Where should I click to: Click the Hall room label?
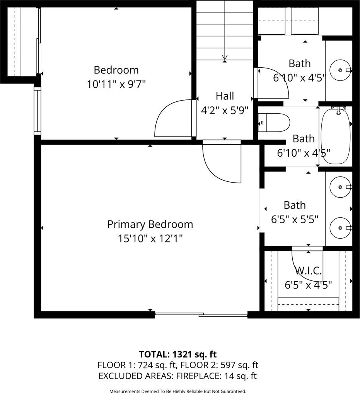pyautogui.click(x=225, y=96)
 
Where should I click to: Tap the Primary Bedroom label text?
pyautogui.click(x=150, y=224)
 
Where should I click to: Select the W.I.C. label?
pyautogui.click(x=308, y=271)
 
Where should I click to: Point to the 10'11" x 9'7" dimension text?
pyautogui.click(x=116, y=84)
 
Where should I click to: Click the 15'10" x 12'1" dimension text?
pyautogui.click(x=150, y=238)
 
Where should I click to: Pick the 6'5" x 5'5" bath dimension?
pyautogui.click(x=295, y=220)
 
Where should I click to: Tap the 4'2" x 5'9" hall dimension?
pyautogui.click(x=225, y=110)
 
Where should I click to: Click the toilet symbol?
pyautogui.click(x=274, y=123)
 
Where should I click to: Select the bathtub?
pyautogui.click(x=336, y=136)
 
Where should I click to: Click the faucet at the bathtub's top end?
pyautogui.click(x=338, y=110)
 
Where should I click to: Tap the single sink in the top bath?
pyautogui.click(x=340, y=70)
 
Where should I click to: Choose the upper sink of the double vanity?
pyautogui.click(x=340, y=187)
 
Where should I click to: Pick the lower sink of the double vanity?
pyautogui.click(x=340, y=228)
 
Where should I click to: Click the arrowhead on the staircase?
pyautogui.click(x=225, y=57)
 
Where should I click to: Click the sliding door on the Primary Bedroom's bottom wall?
pyautogui.click(x=201, y=314)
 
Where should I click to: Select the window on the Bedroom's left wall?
pyautogui.click(x=38, y=111)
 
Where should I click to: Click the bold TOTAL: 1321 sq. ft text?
pyautogui.click(x=177, y=354)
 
